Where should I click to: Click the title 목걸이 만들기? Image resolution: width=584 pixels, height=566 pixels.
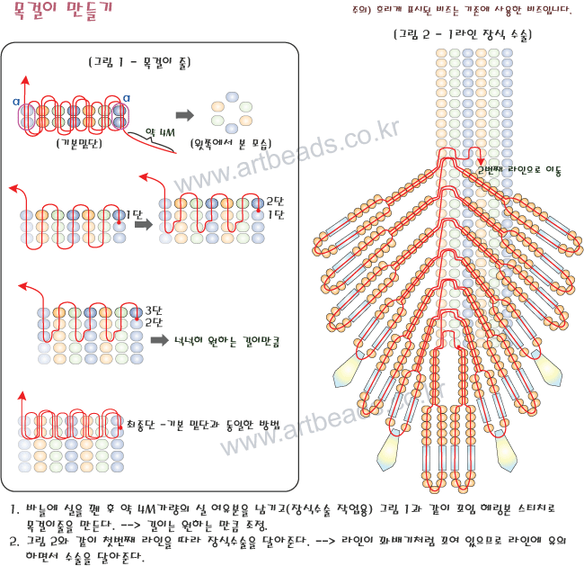(x=63, y=11)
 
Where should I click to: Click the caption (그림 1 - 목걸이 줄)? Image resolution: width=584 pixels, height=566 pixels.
(x=139, y=62)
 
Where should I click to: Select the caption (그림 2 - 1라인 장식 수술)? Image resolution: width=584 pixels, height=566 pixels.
(x=463, y=35)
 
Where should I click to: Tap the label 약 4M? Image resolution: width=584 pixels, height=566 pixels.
(x=160, y=132)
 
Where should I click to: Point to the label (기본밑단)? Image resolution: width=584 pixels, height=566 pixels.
(x=79, y=143)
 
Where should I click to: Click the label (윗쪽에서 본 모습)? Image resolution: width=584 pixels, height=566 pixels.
(x=231, y=144)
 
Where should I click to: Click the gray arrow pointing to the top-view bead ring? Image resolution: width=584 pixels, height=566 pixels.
(x=185, y=115)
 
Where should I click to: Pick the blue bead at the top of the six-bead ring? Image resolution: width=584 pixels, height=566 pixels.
(x=232, y=96)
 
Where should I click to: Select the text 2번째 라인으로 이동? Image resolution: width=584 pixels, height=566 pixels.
(x=519, y=170)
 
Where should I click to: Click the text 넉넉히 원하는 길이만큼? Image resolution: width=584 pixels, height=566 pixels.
(x=226, y=341)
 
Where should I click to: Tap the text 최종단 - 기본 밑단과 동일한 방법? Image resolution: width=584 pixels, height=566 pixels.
(x=203, y=424)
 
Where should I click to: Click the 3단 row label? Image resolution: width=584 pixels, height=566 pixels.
(x=154, y=310)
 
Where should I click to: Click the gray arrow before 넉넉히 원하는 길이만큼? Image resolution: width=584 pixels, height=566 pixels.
(x=160, y=340)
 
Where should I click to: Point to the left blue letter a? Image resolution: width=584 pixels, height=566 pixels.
(x=16, y=102)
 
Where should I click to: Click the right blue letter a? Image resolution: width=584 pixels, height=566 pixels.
(x=127, y=98)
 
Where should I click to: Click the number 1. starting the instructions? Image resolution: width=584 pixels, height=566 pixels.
(x=14, y=509)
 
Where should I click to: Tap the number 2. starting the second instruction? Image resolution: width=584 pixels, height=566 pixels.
(x=14, y=542)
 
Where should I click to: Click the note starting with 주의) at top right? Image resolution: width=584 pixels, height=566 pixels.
(x=462, y=10)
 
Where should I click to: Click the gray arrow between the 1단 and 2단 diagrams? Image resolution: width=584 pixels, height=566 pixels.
(x=144, y=224)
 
